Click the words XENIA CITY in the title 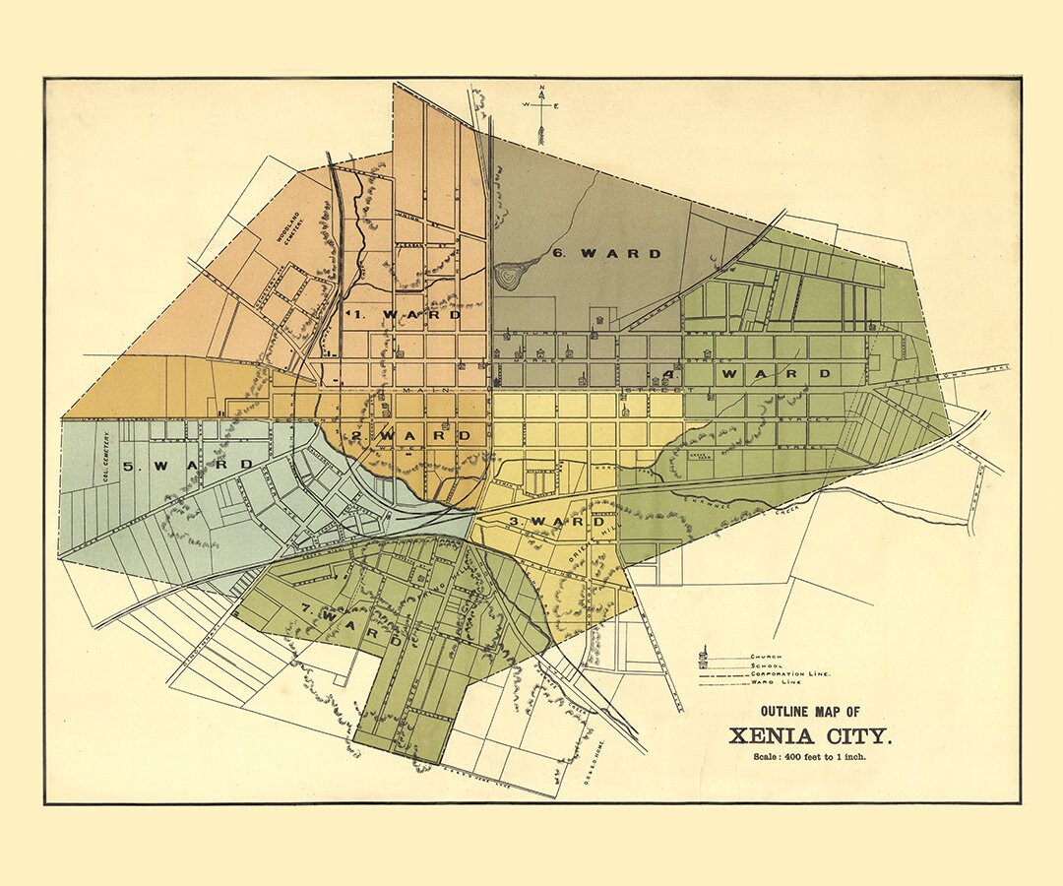810,734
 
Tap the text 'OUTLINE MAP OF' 810,711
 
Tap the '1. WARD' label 403,315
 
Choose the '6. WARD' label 606,253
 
